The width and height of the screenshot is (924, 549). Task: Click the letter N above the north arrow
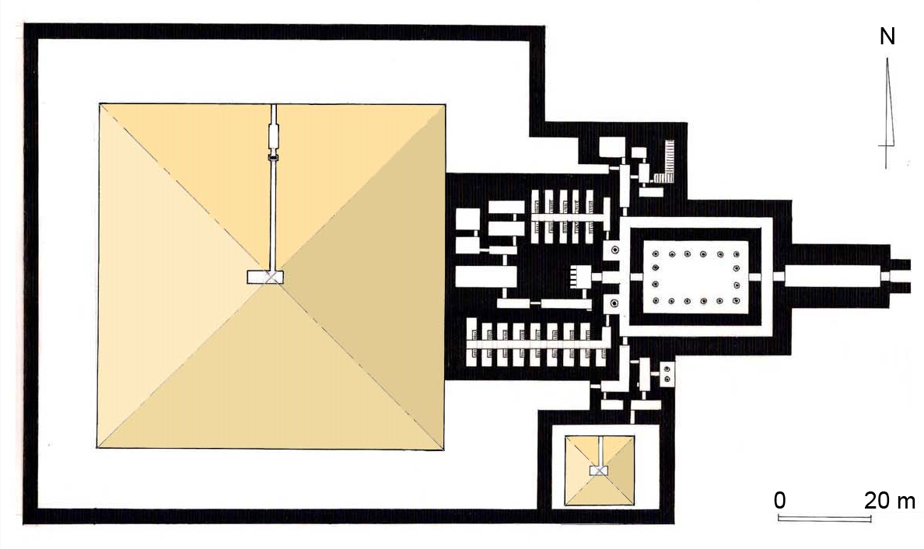click(887, 37)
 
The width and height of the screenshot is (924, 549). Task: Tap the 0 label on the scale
click(779, 500)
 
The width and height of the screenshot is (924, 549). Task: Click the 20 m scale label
click(890, 501)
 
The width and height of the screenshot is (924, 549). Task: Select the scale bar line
click(824, 519)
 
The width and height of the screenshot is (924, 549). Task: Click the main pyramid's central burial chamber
click(265, 277)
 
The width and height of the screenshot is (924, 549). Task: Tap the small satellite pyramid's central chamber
click(599, 470)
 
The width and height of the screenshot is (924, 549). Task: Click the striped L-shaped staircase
click(665, 163)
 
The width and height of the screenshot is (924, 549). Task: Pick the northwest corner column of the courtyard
click(656, 254)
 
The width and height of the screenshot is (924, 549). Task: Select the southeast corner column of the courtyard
click(736, 301)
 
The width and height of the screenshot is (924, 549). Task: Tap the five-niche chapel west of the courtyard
click(580, 277)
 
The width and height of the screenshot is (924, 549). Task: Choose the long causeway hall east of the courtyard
click(833, 276)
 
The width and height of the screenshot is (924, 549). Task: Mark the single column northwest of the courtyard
click(614, 250)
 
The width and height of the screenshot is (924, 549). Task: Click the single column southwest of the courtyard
click(614, 303)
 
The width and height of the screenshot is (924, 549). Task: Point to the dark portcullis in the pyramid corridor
click(273, 157)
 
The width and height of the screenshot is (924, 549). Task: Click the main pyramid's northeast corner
click(444, 105)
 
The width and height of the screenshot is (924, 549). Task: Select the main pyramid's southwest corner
click(98, 448)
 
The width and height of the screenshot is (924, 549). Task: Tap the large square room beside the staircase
click(612, 147)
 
